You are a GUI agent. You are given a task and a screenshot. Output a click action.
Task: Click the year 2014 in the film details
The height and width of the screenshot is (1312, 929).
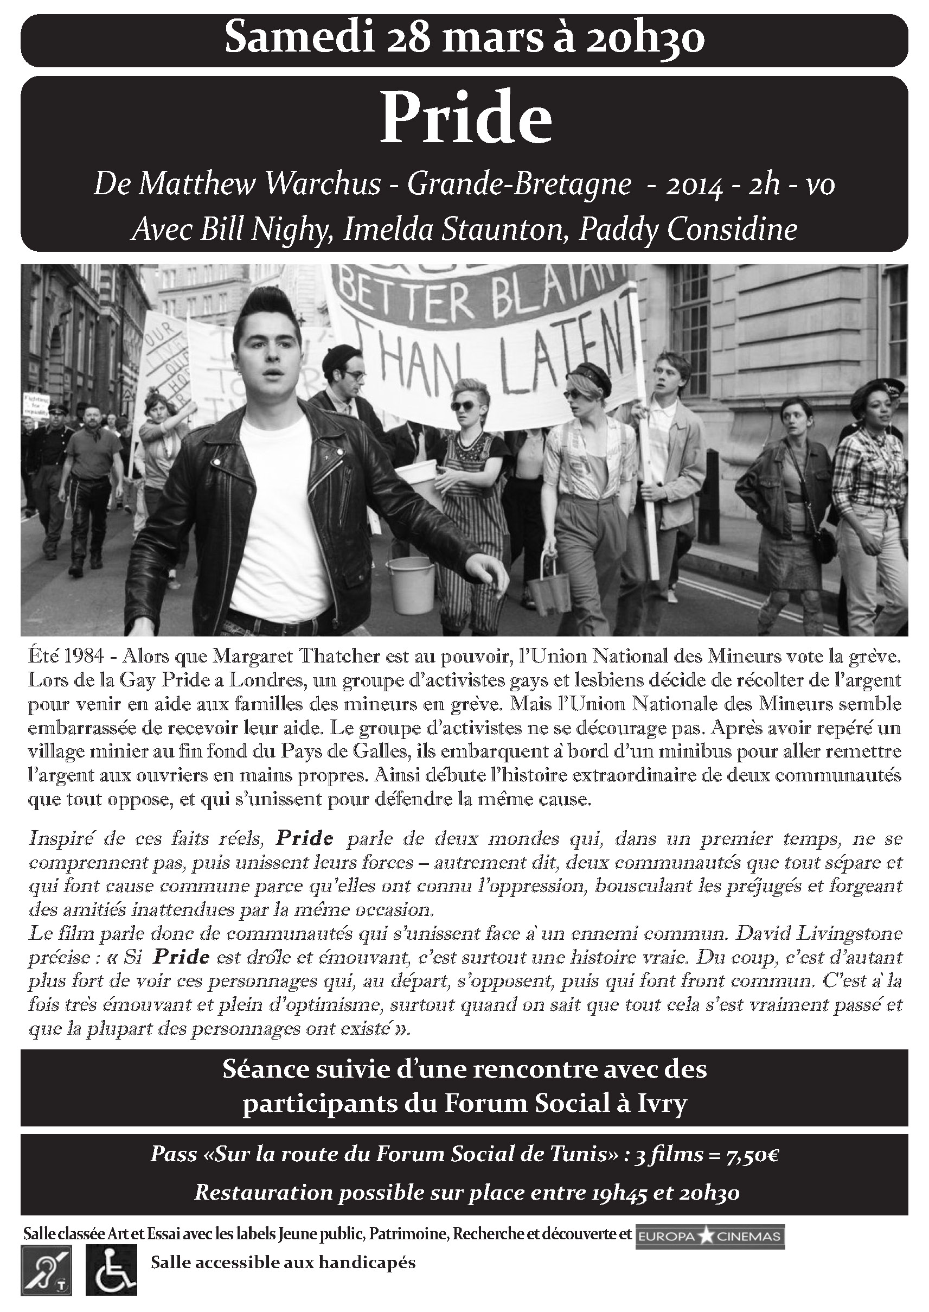click(x=693, y=185)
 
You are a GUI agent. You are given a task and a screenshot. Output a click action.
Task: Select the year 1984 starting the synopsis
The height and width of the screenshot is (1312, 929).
click(x=80, y=658)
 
